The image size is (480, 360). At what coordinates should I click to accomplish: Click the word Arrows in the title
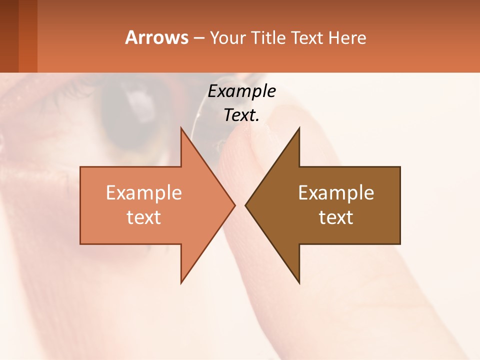click(x=156, y=37)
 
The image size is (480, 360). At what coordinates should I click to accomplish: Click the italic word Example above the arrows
click(x=241, y=91)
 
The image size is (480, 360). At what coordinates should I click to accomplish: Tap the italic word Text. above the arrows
click(x=241, y=115)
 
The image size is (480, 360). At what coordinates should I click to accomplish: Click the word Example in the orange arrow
click(x=144, y=193)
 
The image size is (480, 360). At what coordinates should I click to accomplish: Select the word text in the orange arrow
click(x=144, y=217)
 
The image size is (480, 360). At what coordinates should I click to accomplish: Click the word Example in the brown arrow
click(x=336, y=193)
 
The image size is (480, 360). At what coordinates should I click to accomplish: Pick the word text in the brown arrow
click(x=336, y=217)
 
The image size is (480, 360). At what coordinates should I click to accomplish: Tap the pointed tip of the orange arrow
click(x=234, y=205)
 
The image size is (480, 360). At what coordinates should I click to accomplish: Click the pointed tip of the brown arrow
click(x=246, y=205)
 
